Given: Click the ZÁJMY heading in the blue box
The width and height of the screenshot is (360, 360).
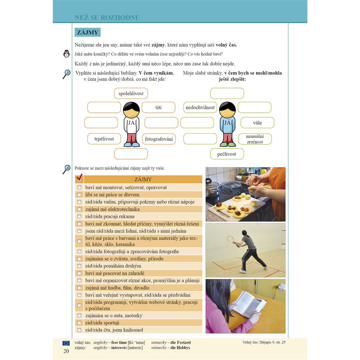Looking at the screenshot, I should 87,32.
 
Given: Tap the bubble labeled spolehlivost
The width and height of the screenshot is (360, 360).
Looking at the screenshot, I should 131,94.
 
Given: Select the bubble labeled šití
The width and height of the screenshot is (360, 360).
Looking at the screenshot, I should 158,107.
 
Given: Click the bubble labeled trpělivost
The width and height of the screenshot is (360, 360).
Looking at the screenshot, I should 104,139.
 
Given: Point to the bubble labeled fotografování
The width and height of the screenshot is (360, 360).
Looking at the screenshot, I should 159,139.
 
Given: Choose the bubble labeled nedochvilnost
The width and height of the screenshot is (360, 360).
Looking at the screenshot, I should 200,107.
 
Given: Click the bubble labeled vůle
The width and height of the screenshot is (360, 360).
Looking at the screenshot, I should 257,122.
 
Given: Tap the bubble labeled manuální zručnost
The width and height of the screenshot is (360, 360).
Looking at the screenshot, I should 255,139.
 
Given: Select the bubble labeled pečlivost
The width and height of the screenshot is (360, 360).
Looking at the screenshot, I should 227,154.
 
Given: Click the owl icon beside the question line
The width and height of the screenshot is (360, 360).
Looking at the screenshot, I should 66,54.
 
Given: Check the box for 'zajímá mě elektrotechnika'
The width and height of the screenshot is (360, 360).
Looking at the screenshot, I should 79,209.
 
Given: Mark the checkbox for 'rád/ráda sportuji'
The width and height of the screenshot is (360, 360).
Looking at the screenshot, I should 79,323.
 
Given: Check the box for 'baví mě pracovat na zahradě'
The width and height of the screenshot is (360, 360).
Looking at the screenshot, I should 79,273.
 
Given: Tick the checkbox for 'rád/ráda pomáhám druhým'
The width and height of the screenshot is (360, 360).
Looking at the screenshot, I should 79,266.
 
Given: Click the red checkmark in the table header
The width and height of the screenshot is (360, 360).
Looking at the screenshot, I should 79,178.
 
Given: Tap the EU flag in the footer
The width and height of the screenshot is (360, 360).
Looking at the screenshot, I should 66,343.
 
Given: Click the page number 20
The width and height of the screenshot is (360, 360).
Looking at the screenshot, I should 66,351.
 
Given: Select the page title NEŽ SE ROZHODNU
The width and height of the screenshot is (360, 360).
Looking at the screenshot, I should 107,18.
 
